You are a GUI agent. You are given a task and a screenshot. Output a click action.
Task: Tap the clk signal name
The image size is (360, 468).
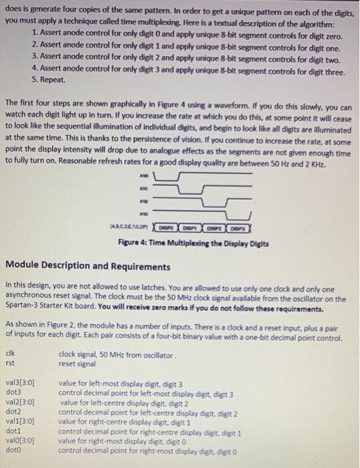click(9, 354)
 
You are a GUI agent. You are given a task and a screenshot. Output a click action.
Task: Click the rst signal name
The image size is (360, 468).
click(9, 363)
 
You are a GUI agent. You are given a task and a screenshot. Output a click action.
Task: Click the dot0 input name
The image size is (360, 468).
click(13, 451)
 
